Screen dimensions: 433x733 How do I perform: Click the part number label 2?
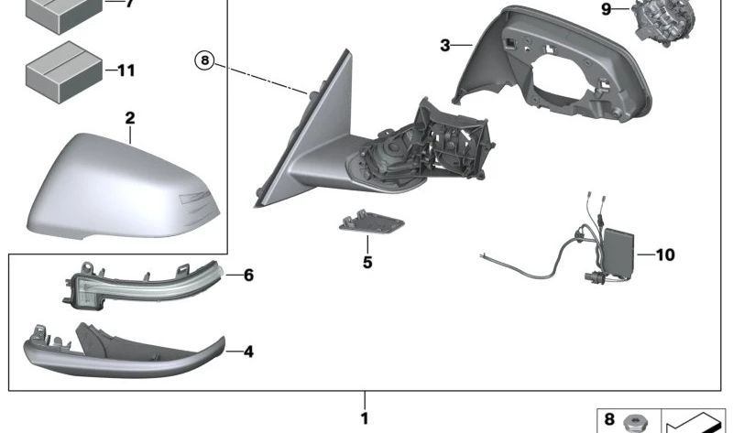(130, 118)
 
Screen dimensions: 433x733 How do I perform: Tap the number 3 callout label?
(444, 44)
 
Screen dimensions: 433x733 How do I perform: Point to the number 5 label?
(367, 262)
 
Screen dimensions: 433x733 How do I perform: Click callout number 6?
(247, 275)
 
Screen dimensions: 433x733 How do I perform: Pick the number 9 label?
(606, 9)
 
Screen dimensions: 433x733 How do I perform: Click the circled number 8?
(204, 61)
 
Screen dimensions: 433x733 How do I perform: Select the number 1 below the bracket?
(365, 419)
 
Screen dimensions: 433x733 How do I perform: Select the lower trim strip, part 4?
(119, 352)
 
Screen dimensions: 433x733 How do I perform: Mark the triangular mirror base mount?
(312, 128)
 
